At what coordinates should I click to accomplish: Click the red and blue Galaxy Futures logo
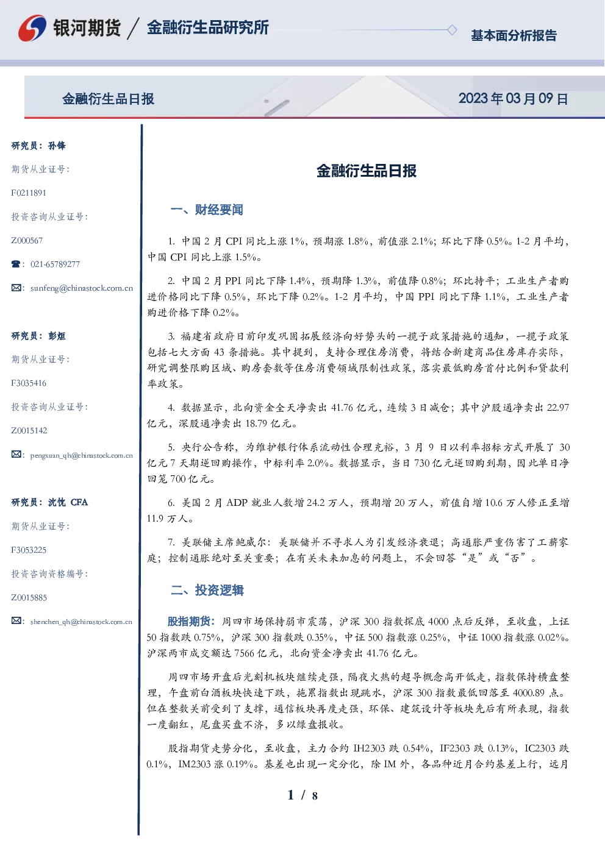tap(32, 28)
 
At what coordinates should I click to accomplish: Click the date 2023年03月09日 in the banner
tap(513, 99)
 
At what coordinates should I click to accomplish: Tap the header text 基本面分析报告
tap(514, 35)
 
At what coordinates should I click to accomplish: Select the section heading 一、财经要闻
tap(207, 210)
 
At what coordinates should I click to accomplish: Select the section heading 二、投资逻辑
tap(207, 590)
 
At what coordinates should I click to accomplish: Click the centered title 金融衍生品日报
tap(367, 171)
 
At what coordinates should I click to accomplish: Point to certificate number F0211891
tap(29, 193)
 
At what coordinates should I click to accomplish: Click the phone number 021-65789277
tap(55, 264)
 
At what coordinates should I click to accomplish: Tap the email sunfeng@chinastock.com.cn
tap(82, 288)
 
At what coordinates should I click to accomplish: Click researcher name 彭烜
tap(57, 336)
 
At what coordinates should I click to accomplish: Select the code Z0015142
tap(29, 431)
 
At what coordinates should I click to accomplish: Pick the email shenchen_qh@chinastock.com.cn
tap(81, 622)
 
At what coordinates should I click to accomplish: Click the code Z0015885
tap(29, 598)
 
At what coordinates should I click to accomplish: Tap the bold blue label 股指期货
tap(188, 622)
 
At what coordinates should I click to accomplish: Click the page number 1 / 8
tap(302, 795)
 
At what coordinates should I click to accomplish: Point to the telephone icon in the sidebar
tap(16, 264)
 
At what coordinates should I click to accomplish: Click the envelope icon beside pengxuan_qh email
tap(16, 454)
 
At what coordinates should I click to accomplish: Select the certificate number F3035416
tap(29, 383)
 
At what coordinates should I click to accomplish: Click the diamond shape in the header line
tap(452, 30)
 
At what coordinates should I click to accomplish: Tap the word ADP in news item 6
tap(237, 503)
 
